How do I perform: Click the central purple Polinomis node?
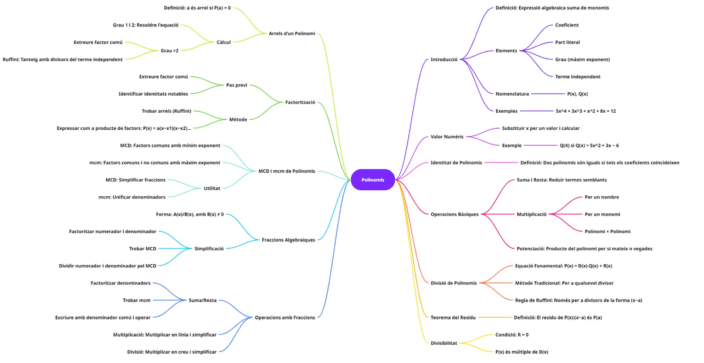373,180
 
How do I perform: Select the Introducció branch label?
444,59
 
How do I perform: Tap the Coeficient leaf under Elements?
567,25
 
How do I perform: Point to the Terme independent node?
577,76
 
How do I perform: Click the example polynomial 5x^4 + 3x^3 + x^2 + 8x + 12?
585,111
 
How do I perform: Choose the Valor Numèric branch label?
447,137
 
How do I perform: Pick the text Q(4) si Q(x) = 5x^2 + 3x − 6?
588,146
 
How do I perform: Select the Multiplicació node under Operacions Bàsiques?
531,214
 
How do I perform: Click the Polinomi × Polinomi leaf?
607,231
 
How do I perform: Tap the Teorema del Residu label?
453,318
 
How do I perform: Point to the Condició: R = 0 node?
512,335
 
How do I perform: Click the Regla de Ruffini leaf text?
578,300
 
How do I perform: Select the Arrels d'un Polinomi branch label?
292,33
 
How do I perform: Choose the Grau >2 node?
170,51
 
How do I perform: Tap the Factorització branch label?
300,102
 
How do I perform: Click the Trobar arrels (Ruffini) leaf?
166,111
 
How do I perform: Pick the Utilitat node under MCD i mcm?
212,189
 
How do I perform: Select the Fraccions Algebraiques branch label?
288,240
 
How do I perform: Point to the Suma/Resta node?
202,300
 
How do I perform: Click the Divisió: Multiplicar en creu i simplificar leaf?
171,352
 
